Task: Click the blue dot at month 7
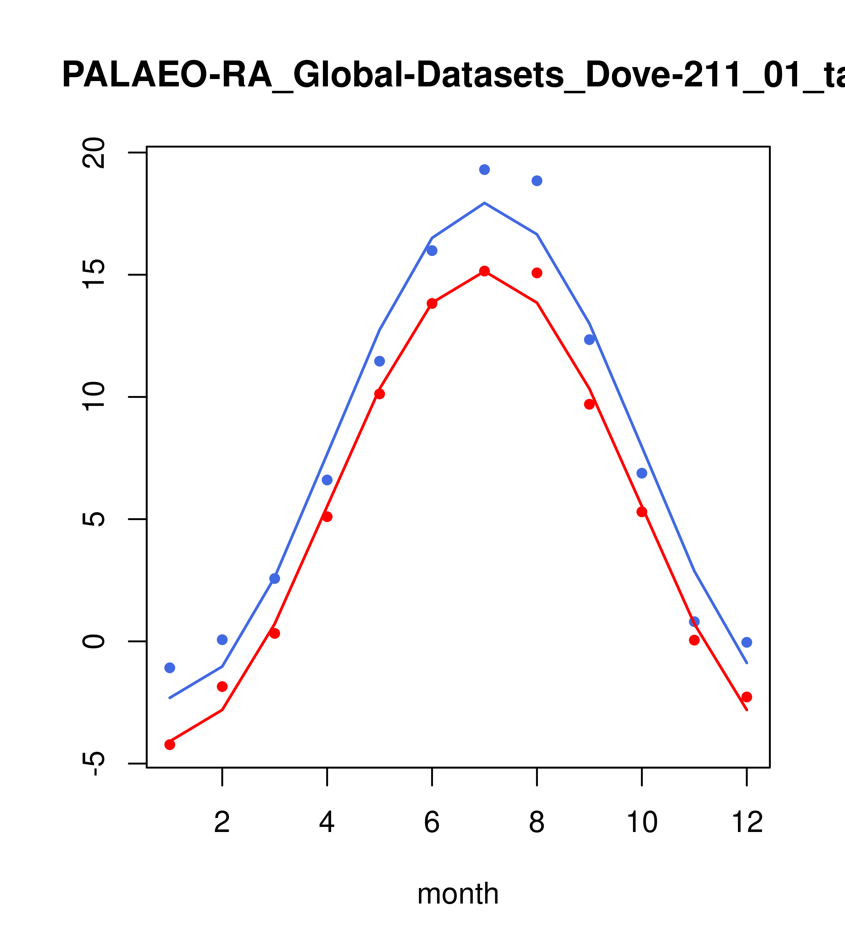484,170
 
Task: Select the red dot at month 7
484,271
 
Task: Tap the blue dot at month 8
537,181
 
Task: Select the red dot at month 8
537,273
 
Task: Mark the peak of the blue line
484,203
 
